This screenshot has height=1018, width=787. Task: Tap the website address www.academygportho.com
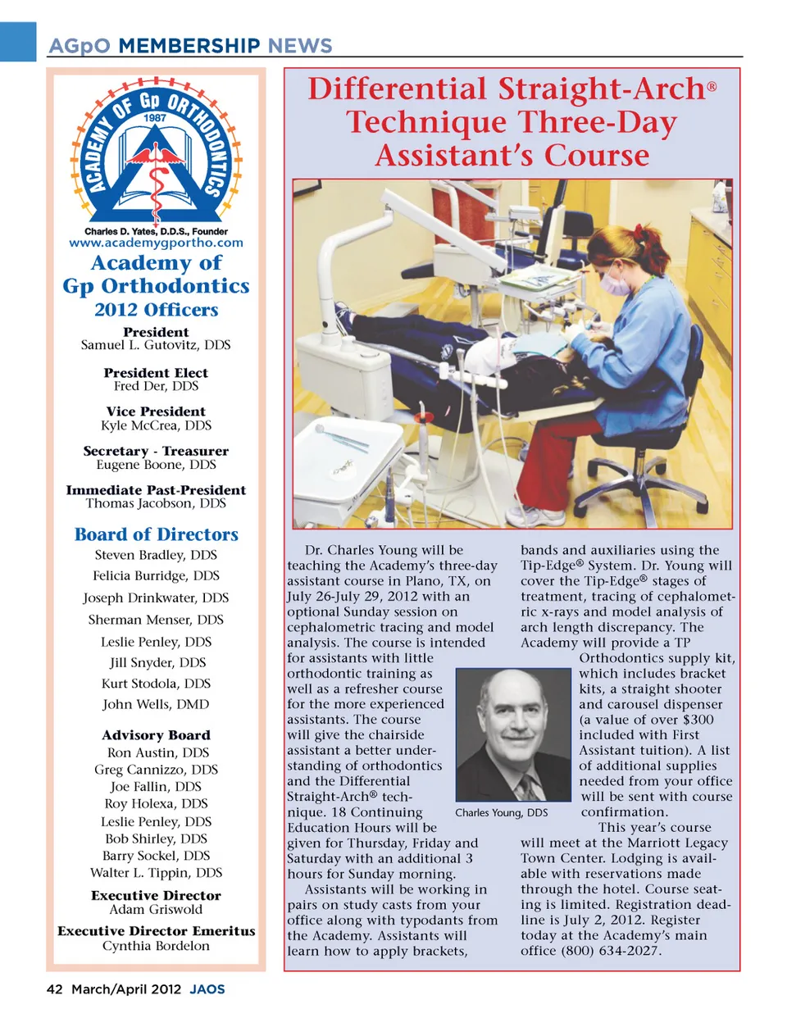click(x=157, y=243)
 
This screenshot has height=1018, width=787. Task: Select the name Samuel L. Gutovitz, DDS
click(x=156, y=345)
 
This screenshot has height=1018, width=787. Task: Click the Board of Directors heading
click(x=157, y=534)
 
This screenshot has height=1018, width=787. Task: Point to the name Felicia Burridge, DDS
click(x=156, y=576)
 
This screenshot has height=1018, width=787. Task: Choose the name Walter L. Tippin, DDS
click(x=157, y=873)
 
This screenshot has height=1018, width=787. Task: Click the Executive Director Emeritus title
click(x=157, y=931)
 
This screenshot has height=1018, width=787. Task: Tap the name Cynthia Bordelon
click(x=156, y=946)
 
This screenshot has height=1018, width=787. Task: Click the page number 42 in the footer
click(x=54, y=989)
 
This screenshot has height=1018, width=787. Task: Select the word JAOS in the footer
click(x=207, y=989)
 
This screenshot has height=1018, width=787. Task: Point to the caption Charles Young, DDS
click(x=502, y=813)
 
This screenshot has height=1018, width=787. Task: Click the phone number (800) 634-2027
click(x=611, y=951)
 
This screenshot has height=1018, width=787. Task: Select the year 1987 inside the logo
click(x=155, y=118)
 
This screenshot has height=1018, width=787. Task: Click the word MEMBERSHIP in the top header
click(x=189, y=46)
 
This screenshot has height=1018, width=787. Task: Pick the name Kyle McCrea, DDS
click(x=156, y=425)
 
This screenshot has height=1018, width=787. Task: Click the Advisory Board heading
click(x=157, y=735)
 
